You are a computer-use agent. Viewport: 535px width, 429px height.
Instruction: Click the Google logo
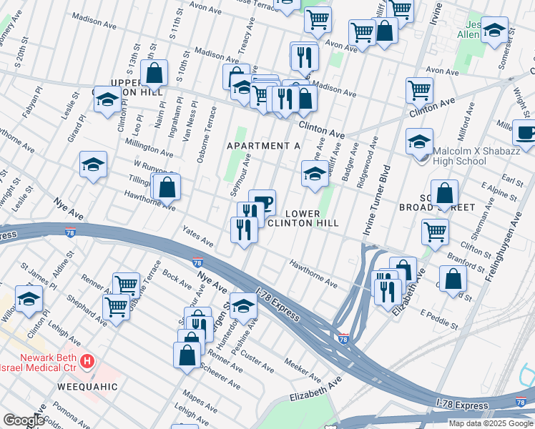(24, 420)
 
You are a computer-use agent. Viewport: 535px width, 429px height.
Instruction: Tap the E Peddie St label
(438, 320)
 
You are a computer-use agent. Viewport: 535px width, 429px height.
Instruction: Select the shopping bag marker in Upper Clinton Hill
(154, 72)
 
